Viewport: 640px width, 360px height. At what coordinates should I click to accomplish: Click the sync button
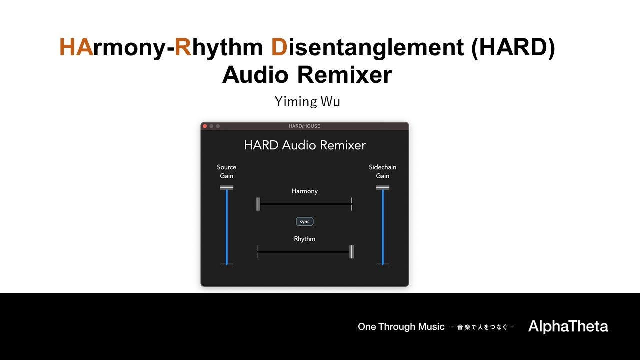(x=305, y=221)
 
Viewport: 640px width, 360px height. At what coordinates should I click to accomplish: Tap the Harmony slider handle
(x=258, y=204)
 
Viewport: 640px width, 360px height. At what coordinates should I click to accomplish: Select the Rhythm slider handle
(x=352, y=252)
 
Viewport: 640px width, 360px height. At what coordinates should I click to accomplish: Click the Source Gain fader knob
(x=227, y=188)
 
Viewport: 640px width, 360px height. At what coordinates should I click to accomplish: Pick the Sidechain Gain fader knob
(x=383, y=188)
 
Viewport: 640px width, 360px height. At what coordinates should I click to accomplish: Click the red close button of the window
(x=205, y=126)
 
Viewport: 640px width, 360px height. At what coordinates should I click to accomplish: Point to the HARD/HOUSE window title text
(x=304, y=126)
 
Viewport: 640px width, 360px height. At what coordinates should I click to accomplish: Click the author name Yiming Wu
(x=307, y=102)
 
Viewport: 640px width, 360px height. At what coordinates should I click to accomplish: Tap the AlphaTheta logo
(x=568, y=327)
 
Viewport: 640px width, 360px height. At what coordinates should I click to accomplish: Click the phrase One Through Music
(x=401, y=327)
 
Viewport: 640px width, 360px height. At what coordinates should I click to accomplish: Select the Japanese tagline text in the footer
(x=482, y=327)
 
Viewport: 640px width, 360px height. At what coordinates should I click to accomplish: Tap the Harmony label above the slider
(x=305, y=191)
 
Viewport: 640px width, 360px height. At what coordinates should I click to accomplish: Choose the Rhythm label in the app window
(x=305, y=239)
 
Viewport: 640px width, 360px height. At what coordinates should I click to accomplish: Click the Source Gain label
(x=227, y=171)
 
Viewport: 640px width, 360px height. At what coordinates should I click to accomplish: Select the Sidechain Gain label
(x=383, y=171)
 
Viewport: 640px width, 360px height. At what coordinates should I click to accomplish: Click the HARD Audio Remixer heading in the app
(x=305, y=145)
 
